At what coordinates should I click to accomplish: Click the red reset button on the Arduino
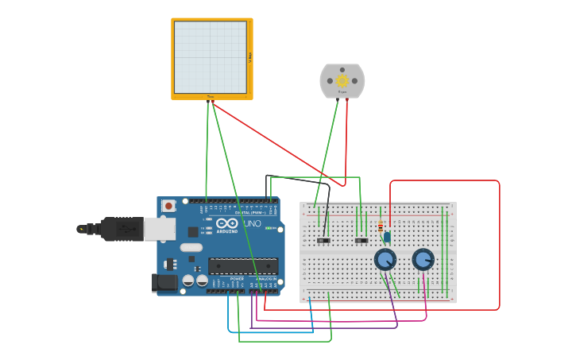tap(168, 206)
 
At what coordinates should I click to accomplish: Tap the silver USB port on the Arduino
tap(159, 229)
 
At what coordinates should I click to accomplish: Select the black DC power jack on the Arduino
tap(164, 282)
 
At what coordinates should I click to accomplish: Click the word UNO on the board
tap(251, 224)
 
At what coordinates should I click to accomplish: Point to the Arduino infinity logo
tap(226, 223)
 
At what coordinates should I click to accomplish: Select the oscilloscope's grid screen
tap(211, 57)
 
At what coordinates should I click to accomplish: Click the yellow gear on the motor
tap(342, 80)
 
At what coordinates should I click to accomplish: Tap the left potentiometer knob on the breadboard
tap(385, 259)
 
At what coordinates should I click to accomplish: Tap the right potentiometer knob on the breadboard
tap(423, 259)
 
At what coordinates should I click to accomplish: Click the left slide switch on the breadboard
tap(323, 240)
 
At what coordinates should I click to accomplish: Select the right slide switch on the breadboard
tap(361, 240)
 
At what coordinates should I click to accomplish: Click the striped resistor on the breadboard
tap(381, 227)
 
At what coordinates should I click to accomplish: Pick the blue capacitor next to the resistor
tap(387, 236)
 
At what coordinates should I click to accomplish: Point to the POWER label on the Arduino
tap(237, 279)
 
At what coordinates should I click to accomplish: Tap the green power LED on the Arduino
tap(270, 229)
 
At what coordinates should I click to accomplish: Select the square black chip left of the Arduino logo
tap(193, 232)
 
